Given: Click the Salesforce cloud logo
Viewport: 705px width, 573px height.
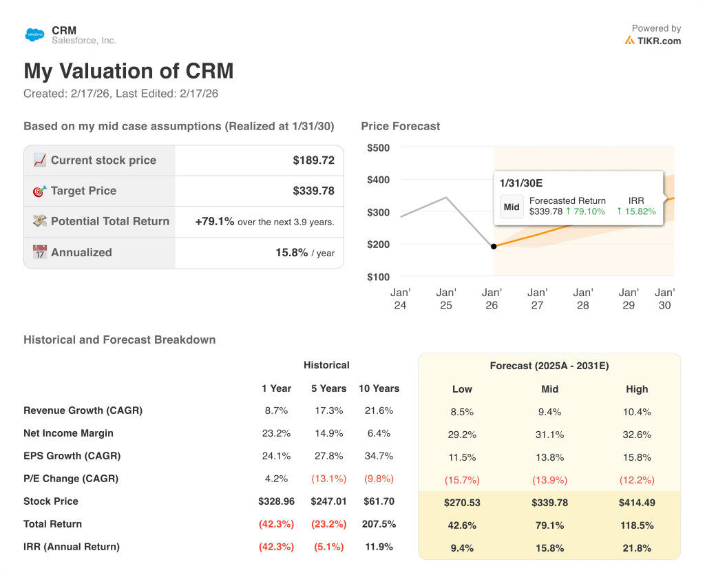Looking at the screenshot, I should click(34, 34).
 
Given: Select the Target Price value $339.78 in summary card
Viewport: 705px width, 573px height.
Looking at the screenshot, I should click(313, 191).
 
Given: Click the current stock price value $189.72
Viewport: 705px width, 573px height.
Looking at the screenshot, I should click(313, 160).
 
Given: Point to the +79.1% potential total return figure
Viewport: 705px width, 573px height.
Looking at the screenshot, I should click(215, 222).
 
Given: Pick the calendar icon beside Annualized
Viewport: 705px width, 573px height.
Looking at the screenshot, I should click(39, 253).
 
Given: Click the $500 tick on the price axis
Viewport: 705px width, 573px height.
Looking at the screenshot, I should click(378, 147).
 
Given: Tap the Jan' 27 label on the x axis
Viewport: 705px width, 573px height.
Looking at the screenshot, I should click(537, 298).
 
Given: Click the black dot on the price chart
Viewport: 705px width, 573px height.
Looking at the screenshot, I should click(493, 246).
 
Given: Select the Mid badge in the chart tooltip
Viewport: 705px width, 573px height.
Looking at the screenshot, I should click(512, 207).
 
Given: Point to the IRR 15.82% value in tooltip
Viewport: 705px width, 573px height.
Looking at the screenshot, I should click(640, 211).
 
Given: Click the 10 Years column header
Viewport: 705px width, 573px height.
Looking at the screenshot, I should click(379, 388).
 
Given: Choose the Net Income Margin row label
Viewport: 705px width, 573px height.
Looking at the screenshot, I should click(68, 433).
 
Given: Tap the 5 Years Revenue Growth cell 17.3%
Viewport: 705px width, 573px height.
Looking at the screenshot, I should click(328, 410).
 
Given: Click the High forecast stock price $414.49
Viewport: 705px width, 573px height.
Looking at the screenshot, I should click(637, 503).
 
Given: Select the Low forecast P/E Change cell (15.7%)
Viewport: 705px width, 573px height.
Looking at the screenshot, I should click(462, 480).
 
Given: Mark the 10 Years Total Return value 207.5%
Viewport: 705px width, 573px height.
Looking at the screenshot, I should click(379, 524).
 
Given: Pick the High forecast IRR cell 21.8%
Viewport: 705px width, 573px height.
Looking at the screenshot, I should click(637, 548).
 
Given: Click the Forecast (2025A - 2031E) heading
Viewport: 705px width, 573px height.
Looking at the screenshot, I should click(549, 366).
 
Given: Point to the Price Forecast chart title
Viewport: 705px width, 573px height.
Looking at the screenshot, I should click(400, 126).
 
